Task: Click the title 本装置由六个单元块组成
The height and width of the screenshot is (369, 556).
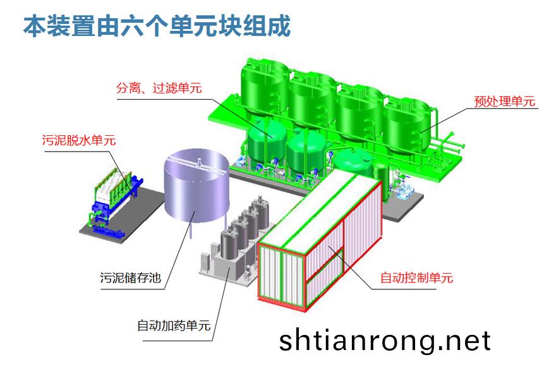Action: [157, 26]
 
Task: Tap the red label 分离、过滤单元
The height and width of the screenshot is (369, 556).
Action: [159, 88]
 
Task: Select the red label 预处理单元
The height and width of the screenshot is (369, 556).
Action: [504, 101]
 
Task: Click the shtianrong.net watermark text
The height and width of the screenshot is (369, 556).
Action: [385, 341]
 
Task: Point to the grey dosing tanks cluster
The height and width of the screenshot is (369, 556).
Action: [243, 234]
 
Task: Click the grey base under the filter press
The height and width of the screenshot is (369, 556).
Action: [95, 224]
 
